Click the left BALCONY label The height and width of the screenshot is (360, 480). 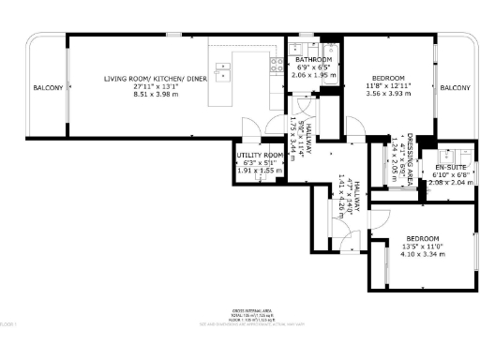(48, 88)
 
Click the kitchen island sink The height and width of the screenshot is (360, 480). (223, 67)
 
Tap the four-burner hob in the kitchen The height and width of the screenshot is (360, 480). (277, 65)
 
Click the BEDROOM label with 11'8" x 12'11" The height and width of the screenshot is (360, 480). (387, 78)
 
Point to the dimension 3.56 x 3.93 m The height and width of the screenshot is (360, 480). (387, 93)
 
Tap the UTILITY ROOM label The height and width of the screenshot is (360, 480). (260, 155)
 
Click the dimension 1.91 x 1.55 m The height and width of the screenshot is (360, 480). (260, 171)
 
